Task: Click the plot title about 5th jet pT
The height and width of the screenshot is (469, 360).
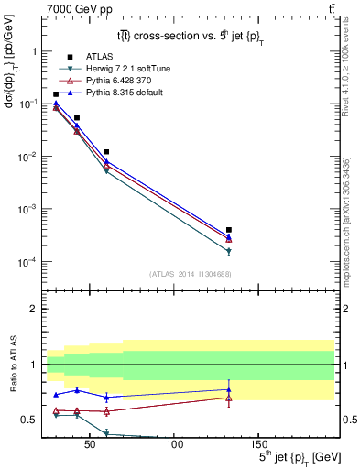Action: pyautogui.click(x=190, y=37)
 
